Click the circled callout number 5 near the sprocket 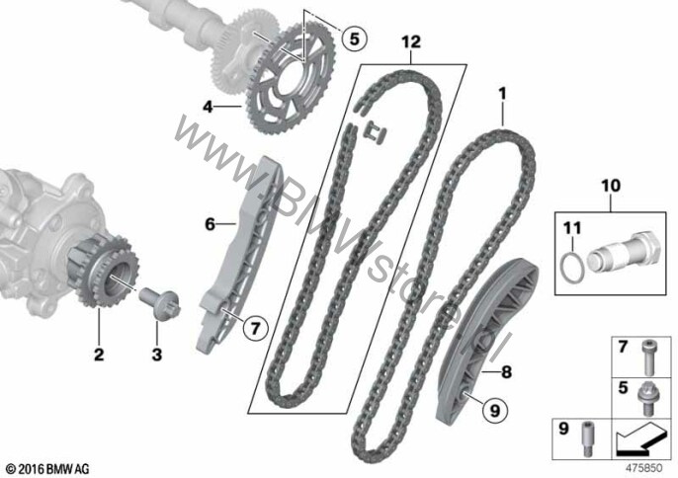pos(354,39)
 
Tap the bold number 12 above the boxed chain pos(411,41)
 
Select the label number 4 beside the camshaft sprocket pos(209,107)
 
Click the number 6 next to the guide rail pos(210,224)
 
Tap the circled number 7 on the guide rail pos(255,329)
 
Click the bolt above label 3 pos(159,303)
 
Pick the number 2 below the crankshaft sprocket pos(99,355)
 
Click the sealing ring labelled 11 pos(572,269)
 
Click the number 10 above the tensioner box pos(611,187)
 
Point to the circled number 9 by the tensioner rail pos(494,410)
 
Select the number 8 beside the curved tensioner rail pos(506,371)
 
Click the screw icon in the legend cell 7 pos(646,357)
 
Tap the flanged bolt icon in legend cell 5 pos(646,398)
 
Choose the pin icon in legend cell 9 pos(587,438)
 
